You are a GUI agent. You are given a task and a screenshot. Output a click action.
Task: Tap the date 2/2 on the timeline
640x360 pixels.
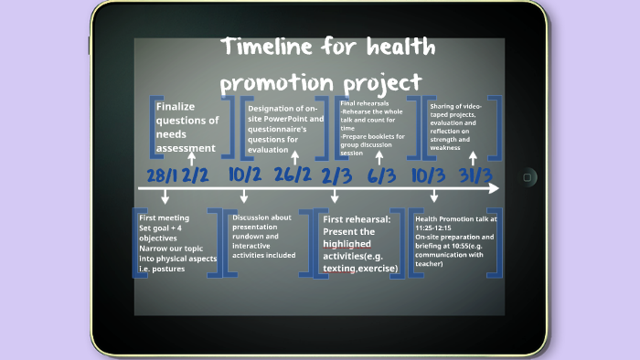(x=196, y=174)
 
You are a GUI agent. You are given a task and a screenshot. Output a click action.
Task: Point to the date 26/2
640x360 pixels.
(x=292, y=174)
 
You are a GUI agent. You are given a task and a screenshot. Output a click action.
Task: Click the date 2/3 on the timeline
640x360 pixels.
(x=336, y=174)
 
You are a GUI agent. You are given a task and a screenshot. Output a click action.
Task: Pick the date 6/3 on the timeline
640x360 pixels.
(x=381, y=174)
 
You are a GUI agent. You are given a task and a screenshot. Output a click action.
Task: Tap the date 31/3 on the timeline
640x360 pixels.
(x=476, y=174)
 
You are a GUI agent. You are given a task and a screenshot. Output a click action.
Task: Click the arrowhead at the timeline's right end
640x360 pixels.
(x=494, y=188)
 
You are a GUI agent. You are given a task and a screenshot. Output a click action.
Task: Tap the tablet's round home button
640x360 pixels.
(x=528, y=177)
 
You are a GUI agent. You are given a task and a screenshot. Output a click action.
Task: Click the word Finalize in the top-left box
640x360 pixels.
(x=176, y=107)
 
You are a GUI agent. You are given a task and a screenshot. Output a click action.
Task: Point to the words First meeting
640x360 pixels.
(x=164, y=218)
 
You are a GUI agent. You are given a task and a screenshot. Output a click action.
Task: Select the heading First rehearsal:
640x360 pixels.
(x=356, y=219)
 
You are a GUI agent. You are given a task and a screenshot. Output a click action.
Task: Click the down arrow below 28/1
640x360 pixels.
(x=165, y=197)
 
